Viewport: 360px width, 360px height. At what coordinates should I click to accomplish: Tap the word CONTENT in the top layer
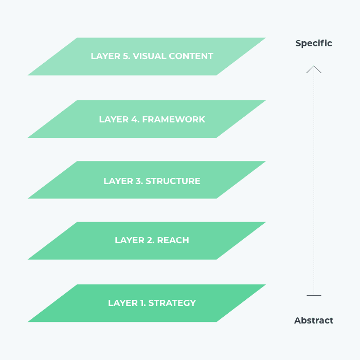(x=191, y=56)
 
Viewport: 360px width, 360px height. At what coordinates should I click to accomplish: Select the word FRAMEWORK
(x=174, y=119)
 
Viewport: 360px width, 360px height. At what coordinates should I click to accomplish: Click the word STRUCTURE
(x=173, y=181)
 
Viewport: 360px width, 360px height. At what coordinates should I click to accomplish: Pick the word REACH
(x=173, y=240)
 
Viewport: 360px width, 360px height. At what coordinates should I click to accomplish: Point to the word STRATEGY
(x=172, y=303)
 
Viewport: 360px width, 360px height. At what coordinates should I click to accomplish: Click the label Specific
(x=314, y=44)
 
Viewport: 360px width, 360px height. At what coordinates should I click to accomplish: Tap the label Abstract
(x=314, y=320)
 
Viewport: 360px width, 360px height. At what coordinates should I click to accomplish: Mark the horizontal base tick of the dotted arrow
(x=314, y=296)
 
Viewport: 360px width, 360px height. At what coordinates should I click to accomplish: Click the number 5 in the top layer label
(x=126, y=56)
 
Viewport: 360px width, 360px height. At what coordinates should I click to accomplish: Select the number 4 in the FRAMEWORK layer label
(x=135, y=119)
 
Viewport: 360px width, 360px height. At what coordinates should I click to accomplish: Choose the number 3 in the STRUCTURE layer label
(x=138, y=181)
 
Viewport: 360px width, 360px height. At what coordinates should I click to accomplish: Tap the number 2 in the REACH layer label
(x=150, y=240)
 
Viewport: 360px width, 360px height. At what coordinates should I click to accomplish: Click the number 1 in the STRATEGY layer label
(x=142, y=303)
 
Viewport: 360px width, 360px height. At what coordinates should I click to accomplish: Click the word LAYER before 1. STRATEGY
(x=123, y=303)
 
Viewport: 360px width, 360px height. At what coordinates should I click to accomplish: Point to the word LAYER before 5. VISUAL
(x=105, y=56)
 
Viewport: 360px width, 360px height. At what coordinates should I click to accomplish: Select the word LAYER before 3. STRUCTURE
(x=118, y=181)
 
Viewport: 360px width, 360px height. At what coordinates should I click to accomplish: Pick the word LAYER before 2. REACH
(x=130, y=240)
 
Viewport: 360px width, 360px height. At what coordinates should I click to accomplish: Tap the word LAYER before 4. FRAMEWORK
(x=114, y=119)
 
